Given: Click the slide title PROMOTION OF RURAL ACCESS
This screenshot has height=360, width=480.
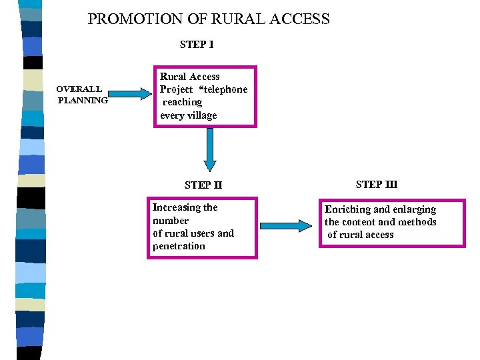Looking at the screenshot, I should [x=209, y=19].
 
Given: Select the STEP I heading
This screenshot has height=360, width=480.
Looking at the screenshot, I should [x=197, y=45].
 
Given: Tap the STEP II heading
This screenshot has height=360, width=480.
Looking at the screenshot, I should [x=203, y=185].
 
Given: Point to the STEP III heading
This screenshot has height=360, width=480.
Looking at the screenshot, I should [x=377, y=185].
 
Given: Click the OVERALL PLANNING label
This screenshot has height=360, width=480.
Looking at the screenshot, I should [x=81, y=95].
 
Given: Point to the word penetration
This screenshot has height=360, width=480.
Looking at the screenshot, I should [x=179, y=246].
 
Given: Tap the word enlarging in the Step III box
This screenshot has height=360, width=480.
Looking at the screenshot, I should [x=414, y=209].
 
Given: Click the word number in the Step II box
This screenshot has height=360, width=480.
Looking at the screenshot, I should [x=171, y=221].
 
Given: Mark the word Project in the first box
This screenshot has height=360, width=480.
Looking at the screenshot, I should [x=176, y=89].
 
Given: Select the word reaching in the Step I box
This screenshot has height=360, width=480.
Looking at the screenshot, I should [x=183, y=102].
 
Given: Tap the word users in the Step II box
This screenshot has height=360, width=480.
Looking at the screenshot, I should [x=201, y=233].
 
